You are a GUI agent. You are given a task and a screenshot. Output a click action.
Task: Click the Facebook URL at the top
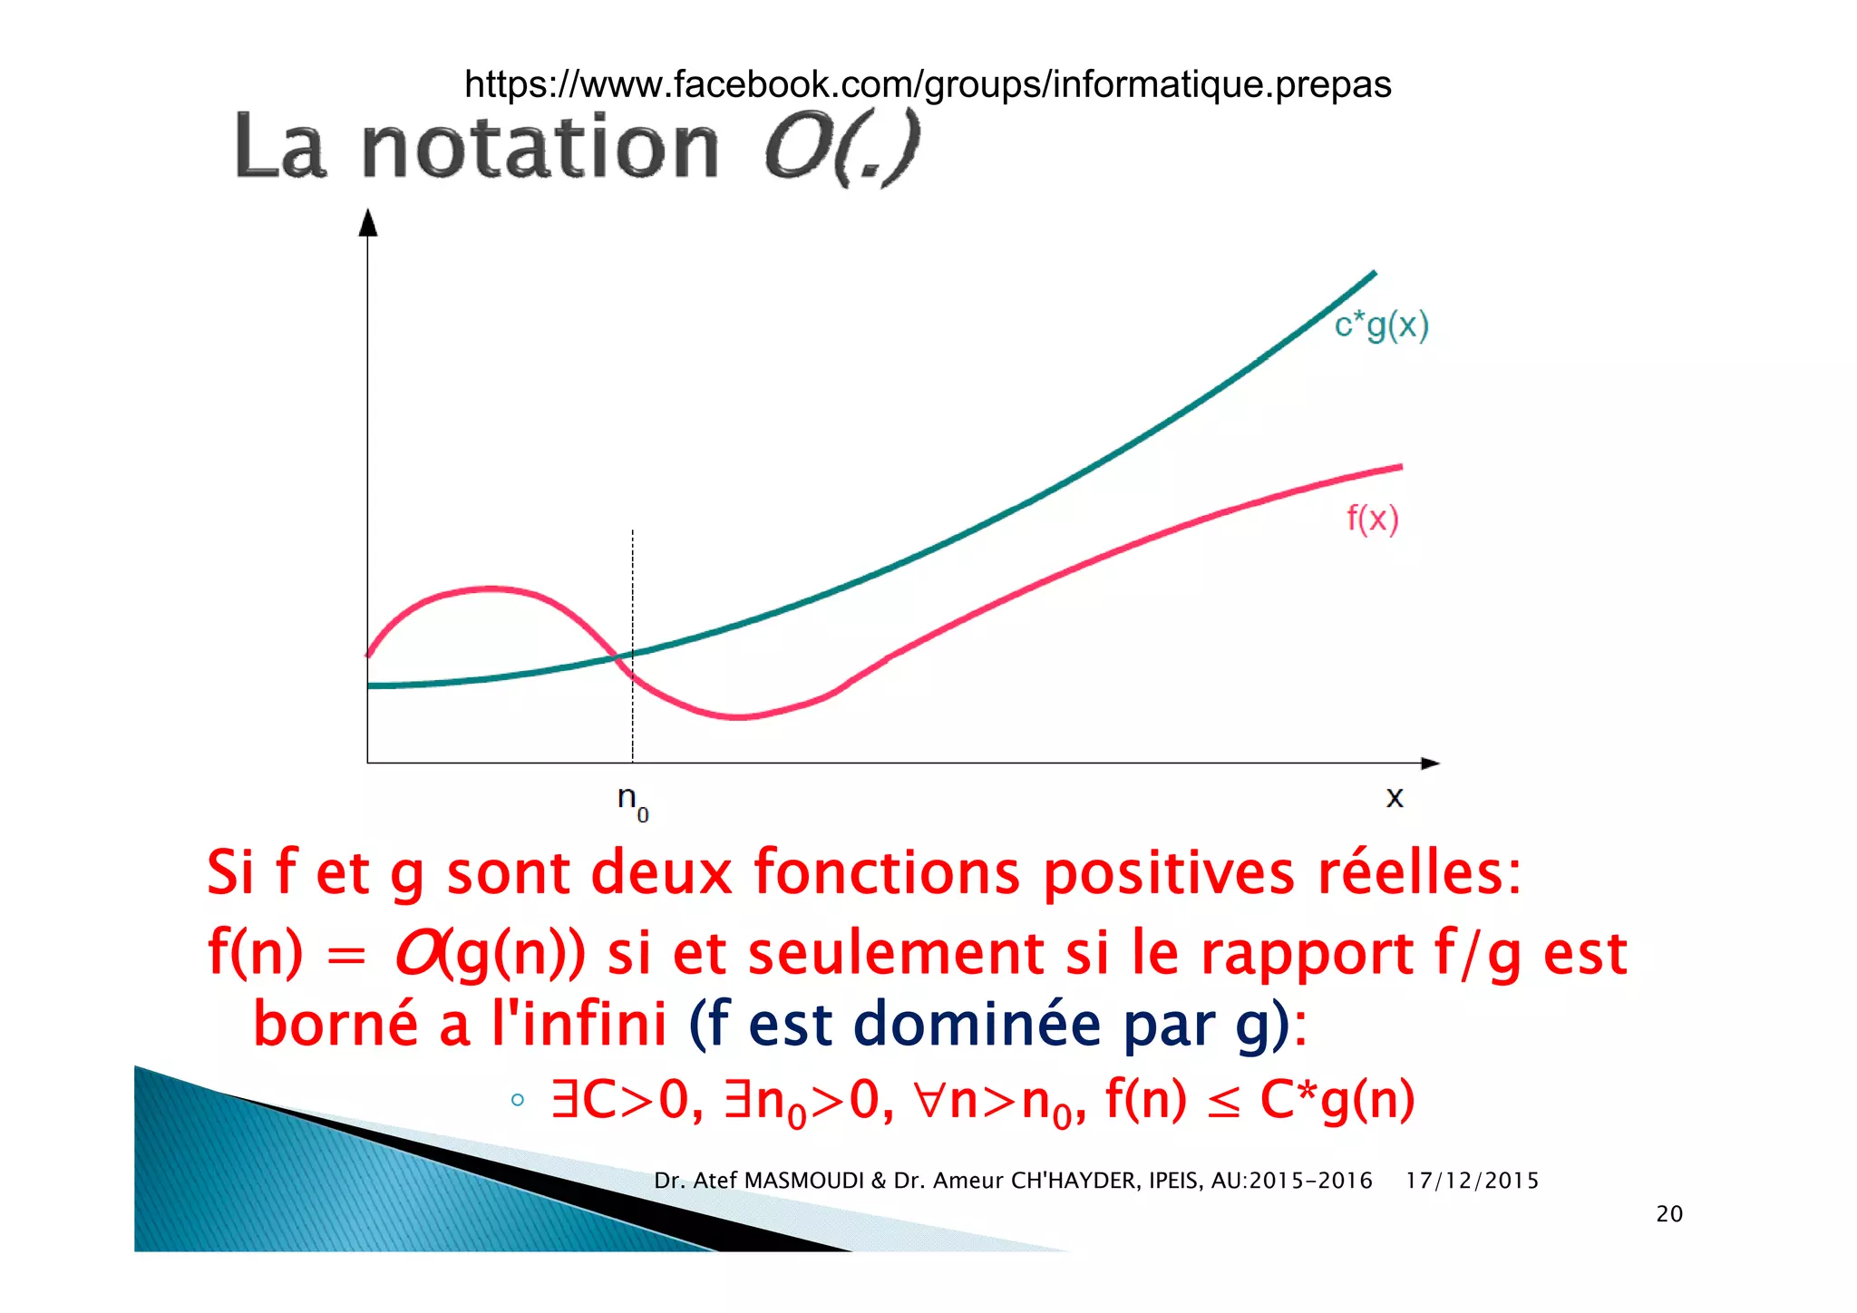coord(927,84)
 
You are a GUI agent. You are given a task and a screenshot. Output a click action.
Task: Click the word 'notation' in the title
coord(540,148)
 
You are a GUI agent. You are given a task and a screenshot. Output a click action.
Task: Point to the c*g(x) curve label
coord(1381,325)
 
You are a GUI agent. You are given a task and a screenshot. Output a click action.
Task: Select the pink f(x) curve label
coord(1372,519)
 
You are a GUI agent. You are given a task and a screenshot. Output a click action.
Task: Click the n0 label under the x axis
coord(632,801)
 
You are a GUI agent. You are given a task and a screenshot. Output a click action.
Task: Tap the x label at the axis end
coord(1395,797)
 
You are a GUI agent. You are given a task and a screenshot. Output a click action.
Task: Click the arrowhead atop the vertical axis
coord(367,222)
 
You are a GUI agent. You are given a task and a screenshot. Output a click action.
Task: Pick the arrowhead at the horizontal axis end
coord(1430,763)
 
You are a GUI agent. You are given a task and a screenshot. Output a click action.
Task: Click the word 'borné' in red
coord(335,1024)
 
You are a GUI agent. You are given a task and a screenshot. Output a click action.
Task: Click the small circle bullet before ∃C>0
coord(517,1101)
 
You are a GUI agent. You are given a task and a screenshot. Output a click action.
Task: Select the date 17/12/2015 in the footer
coord(1472,1181)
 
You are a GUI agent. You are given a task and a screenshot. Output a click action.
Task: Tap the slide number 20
coord(1668,1214)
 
